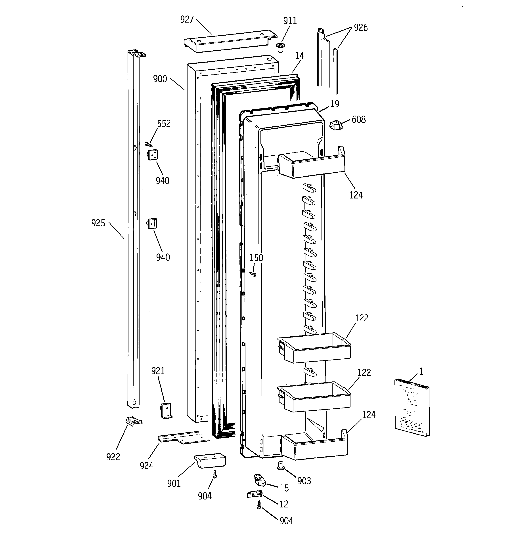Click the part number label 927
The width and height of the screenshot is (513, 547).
[x=187, y=19]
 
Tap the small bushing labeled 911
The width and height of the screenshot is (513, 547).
[x=280, y=48]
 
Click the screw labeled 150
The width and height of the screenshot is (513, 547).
[x=253, y=274]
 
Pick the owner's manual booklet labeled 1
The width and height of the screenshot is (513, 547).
[x=412, y=408]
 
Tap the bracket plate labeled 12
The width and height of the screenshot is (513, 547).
[x=255, y=494]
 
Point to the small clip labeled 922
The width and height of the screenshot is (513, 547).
[x=134, y=421]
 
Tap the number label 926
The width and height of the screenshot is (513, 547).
[x=360, y=27]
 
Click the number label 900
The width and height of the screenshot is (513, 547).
[x=160, y=79]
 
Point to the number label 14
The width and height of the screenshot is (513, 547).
[x=299, y=56]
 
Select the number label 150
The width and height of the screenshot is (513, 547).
[x=256, y=258]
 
